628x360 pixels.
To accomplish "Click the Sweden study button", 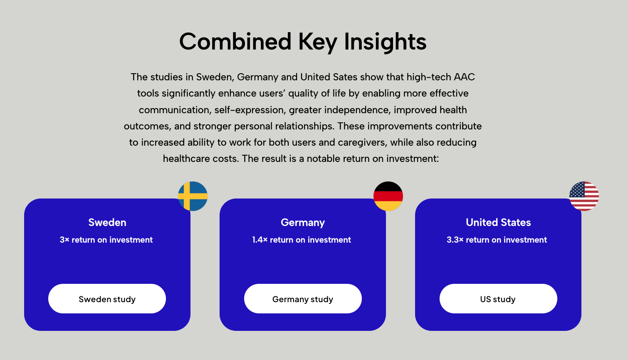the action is (107, 298).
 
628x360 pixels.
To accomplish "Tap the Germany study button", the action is (303, 298).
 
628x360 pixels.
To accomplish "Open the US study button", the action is (498, 298).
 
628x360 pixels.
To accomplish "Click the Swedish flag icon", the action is (193, 196).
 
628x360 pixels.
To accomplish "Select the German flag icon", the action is (388, 196).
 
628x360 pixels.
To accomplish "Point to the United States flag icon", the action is (584, 196).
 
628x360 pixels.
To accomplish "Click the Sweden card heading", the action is (107, 222).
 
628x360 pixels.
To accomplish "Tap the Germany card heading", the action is (303, 223).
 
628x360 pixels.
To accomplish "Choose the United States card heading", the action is (498, 222).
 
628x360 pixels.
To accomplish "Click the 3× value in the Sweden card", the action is (64, 240).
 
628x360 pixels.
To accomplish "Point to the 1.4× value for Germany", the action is (260, 240).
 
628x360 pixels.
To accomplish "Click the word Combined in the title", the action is (235, 42).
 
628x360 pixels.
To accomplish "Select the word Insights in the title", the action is (385, 42).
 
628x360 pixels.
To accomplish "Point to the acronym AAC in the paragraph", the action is (464, 77).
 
